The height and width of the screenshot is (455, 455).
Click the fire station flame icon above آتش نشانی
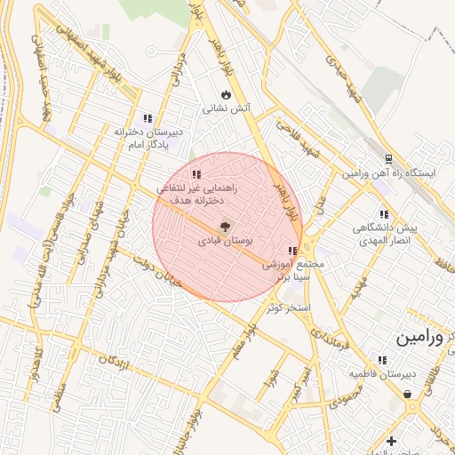click(226, 94)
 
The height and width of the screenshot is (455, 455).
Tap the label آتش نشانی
click(228, 110)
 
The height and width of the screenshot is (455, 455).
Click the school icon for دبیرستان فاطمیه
click(382, 360)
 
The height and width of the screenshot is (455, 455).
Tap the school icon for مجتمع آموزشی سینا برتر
click(292, 251)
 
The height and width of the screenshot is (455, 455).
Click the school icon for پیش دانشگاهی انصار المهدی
click(384, 214)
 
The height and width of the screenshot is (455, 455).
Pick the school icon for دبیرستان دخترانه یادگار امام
click(148, 117)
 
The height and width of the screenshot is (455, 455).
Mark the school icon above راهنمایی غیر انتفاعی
click(196, 174)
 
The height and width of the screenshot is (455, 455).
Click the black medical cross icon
click(391, 441)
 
